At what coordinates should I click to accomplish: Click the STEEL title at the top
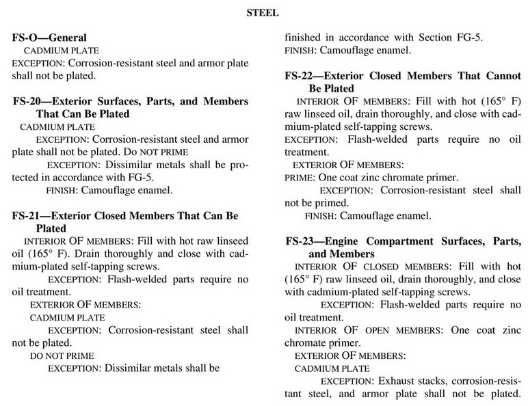tap(263, 12)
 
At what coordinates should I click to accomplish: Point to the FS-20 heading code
tap(30, 101)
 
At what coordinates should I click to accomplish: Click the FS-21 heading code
tap(29, 216)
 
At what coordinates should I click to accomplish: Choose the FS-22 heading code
tap(302, 76)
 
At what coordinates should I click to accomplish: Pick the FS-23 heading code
tap(302, 241)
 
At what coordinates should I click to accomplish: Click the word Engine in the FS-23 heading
tap(363, 241)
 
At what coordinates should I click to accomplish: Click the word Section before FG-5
tap(443, 38)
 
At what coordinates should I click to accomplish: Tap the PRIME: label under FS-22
tap(298, 178)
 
